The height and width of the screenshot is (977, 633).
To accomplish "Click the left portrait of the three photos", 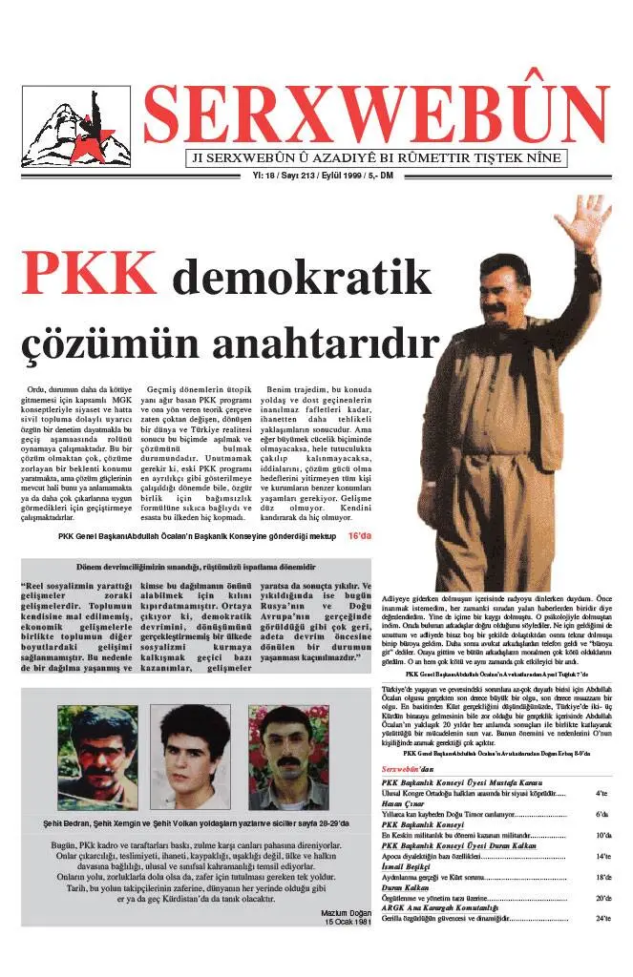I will tap(97, 758).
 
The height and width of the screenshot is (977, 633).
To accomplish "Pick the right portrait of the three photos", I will tap(288, 758).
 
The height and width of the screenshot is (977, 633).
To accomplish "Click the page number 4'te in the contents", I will tap(601, 793).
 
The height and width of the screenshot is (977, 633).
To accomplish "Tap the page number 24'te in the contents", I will tap(601, 919).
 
